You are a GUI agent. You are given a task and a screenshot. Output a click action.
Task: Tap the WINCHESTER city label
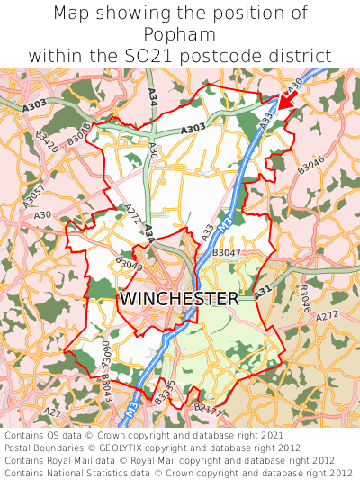pyautogui.click(x=179, y=298)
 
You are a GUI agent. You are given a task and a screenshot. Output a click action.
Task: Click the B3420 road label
pyautogui.click(x=47, y=140)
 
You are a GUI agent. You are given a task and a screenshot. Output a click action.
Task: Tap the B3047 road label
pyautogui.click(x=226, y=254)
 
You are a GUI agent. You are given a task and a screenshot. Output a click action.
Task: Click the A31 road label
pyautogui.click(x=262, y=293)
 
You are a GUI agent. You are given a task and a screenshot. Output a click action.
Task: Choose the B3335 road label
pyautogui.click(x=163, y=393)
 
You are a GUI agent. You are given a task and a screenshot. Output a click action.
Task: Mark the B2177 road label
pyautogui.click(x=206, y=411)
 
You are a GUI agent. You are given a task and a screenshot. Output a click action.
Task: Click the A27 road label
pyautogui.click(x=53, y=413)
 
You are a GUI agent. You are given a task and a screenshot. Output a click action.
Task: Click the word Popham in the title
pyautogui.click(x=180, y=34)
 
